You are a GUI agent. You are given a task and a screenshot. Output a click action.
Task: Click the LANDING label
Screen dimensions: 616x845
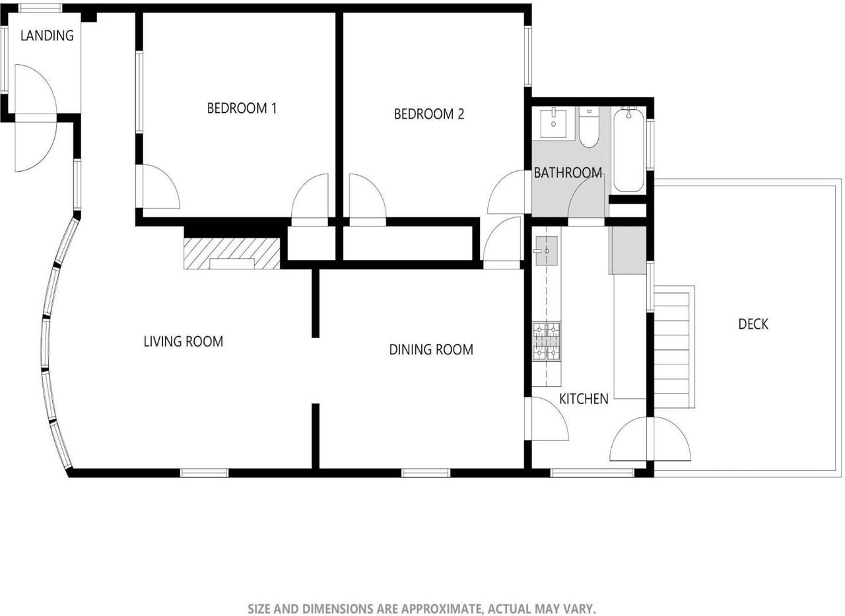(47, 36)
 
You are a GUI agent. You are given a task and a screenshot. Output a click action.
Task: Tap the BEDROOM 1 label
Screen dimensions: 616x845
(242, 108)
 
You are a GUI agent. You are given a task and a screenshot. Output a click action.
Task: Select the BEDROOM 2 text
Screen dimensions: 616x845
(429, 114)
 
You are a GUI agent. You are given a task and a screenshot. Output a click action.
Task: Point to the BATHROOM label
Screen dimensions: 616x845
(568, 173)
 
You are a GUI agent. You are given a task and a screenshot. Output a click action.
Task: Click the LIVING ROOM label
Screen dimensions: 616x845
(184, 341)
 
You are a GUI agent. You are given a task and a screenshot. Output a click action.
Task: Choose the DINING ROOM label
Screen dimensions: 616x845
(431, 349)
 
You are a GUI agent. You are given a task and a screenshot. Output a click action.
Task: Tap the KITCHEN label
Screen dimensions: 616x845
(584, 399)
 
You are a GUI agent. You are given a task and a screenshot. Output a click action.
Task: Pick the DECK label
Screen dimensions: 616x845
(753, 324)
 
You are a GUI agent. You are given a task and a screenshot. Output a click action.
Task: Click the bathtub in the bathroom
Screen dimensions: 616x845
(628, 150)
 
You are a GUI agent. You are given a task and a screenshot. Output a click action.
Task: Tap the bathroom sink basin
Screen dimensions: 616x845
(553, 122)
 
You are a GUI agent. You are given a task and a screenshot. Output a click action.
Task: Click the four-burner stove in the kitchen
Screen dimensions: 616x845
(547, 341)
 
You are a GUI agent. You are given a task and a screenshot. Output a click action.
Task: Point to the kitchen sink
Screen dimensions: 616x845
(546, 251)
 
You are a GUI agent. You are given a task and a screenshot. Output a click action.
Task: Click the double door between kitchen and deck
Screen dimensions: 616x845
(650, 440)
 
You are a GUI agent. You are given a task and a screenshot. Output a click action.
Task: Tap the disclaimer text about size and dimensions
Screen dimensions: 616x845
(422, 608)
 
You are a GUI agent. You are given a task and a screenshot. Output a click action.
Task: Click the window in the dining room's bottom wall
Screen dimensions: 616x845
(426, 473)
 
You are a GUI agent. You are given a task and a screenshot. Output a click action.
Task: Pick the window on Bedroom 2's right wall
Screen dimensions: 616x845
(528, 55)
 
